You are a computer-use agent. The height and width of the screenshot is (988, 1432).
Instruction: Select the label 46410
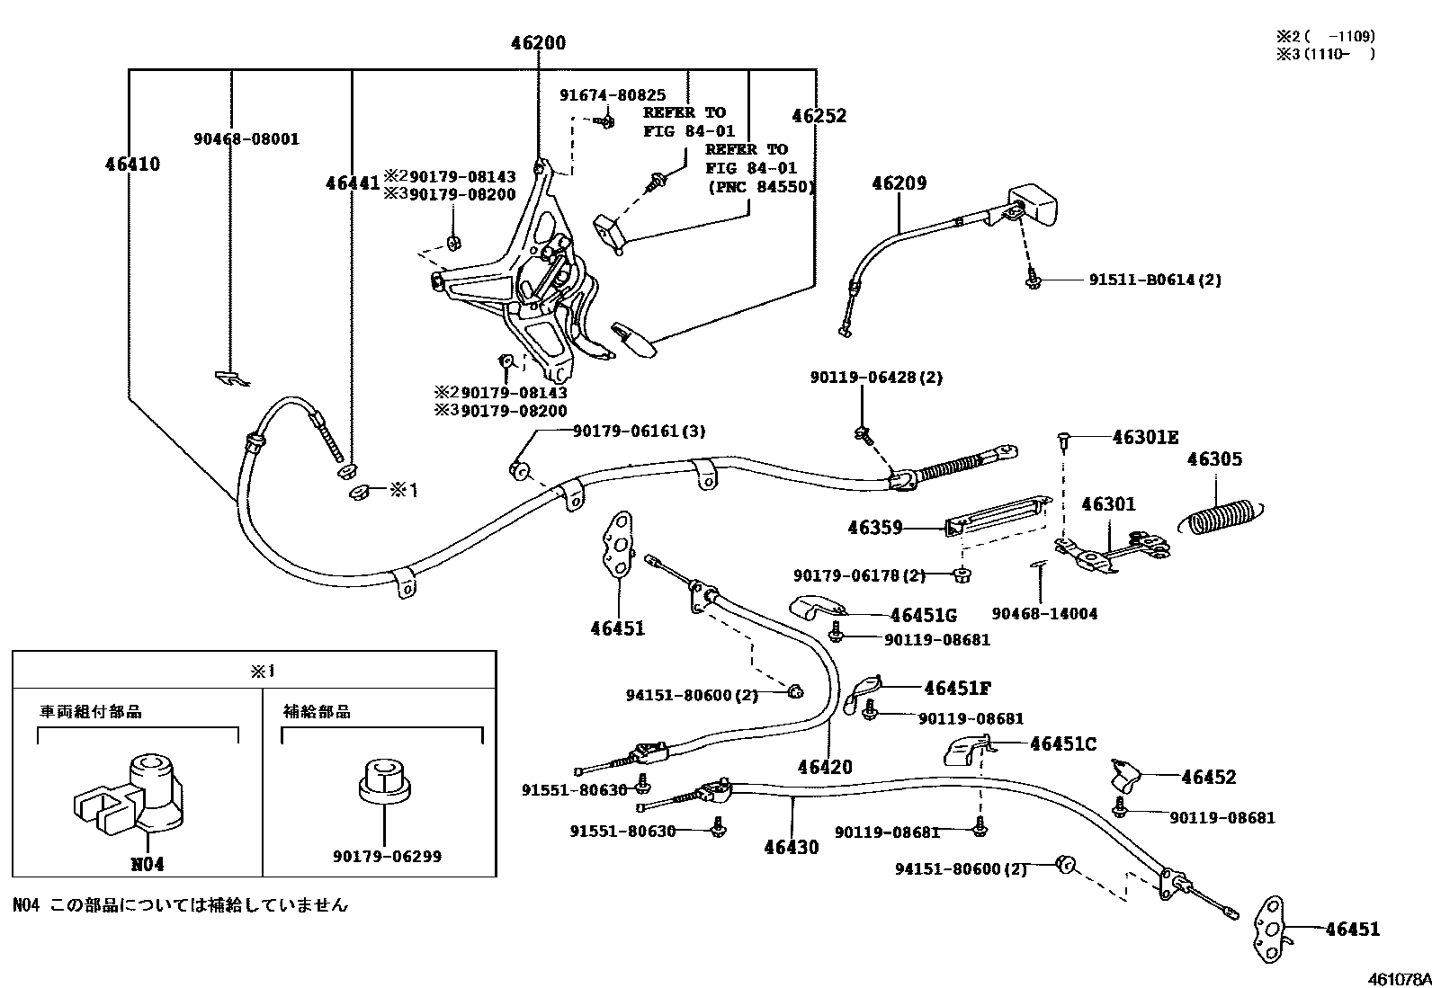tap(132, 164)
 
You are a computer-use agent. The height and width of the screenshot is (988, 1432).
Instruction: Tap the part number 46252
tap(819, 116)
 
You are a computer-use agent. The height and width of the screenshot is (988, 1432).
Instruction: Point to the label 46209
tap(899, 183)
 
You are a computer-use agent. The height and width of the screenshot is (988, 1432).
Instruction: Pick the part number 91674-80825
tap(613, 94)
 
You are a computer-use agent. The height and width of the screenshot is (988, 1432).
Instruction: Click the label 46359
tap(874, 529)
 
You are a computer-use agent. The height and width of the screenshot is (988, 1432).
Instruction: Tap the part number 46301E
tap(1145, 438)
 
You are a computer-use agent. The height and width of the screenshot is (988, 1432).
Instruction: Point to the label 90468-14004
tap(1044, 614)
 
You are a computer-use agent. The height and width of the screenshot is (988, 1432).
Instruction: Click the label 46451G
tap(923, 616)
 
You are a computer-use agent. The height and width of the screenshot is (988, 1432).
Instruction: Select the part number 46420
tap(824, 767)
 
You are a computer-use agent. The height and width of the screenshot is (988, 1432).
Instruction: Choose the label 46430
tap(792, 847)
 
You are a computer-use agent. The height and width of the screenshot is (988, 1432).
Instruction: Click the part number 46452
tap(1209, 778)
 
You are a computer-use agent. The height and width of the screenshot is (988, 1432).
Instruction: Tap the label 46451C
tap(1063, 744)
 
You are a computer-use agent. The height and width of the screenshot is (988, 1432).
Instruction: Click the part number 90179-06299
tap(387, 857)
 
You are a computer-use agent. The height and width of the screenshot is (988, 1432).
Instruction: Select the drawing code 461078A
tap(1399, 978)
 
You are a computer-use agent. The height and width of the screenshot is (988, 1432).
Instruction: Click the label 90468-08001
tap(246, 139)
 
